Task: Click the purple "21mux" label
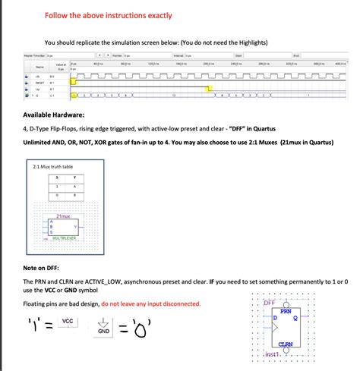65,217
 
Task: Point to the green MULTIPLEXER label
67,237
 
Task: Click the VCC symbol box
68,322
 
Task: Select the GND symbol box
103,331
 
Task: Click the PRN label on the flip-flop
286,311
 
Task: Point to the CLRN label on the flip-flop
286,344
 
